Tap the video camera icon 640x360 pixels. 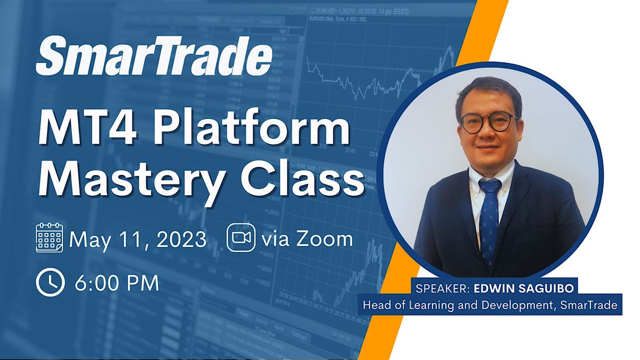point(241,238)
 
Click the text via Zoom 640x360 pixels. point(307,238)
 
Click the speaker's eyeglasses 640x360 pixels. point(488,122)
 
